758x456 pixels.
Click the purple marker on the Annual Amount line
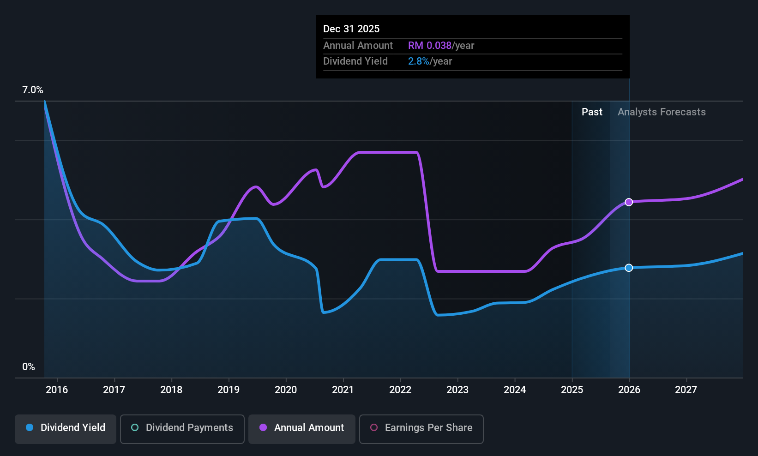[x=629, y=202]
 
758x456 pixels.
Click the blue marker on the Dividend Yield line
[x=629, y=268]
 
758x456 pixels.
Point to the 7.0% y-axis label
[x=33, y=90]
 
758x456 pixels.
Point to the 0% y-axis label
[x=29, y=367]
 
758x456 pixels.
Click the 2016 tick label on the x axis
[x=57, y=390]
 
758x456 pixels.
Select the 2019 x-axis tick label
[x=229, y=390]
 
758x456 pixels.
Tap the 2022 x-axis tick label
[x=400, y=390]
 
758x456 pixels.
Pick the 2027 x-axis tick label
[x=686, y=390]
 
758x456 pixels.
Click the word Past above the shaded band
[x=592, y=112]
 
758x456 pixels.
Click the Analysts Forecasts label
[x=662, y=112]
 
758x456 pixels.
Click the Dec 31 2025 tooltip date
[x=351, y=29]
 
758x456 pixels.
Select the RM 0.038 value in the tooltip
[x=429, y=46]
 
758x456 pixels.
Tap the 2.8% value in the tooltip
[x=418, y=61]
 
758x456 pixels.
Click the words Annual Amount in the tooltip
[x=358, y=46]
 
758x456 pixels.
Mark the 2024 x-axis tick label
[x=515, y=390]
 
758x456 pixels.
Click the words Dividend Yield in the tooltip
[x=355, y=61]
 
